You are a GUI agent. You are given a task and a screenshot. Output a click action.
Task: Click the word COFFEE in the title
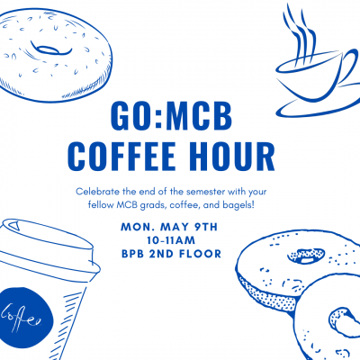(121, 157)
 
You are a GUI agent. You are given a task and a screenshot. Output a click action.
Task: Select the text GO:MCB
(171, 115)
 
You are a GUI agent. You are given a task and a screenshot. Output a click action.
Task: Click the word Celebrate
(95, 192)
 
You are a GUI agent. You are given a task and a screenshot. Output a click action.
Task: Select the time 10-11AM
(171, 240)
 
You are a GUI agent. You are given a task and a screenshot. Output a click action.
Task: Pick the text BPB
(132, 254)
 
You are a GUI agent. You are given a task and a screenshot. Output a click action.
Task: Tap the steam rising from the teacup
(300, 33)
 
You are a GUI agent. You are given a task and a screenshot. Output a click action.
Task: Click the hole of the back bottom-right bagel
(306, 256)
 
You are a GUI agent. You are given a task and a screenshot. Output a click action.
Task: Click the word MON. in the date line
(139, 227)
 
